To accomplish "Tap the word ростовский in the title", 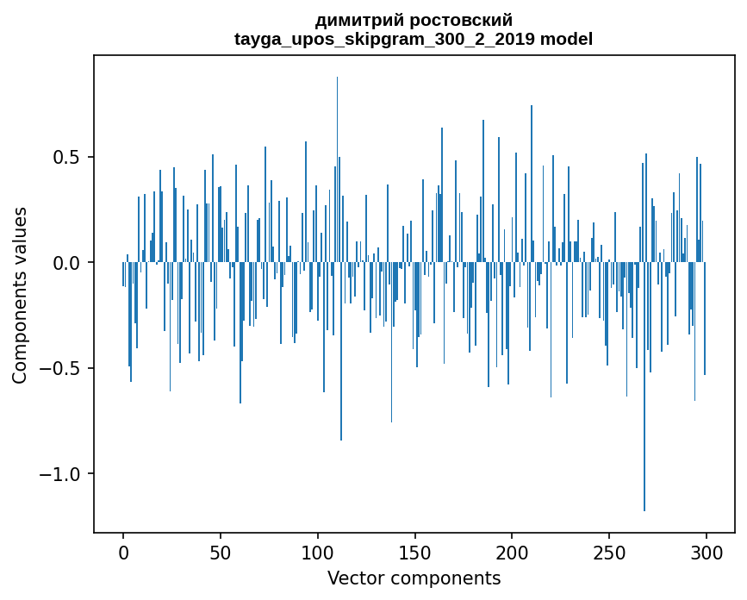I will point(466,20).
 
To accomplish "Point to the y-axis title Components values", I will point(20,295).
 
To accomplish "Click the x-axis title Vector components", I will point(414,578).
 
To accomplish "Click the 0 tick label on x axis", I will point(123,553).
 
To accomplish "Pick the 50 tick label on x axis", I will point(221,553).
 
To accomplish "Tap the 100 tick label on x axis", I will point(318,553).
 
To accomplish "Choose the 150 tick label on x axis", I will point(415,553).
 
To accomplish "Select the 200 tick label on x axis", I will point(513,553).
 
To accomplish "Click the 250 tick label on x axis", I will point(609,553).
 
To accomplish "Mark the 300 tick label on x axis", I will point(707,553).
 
